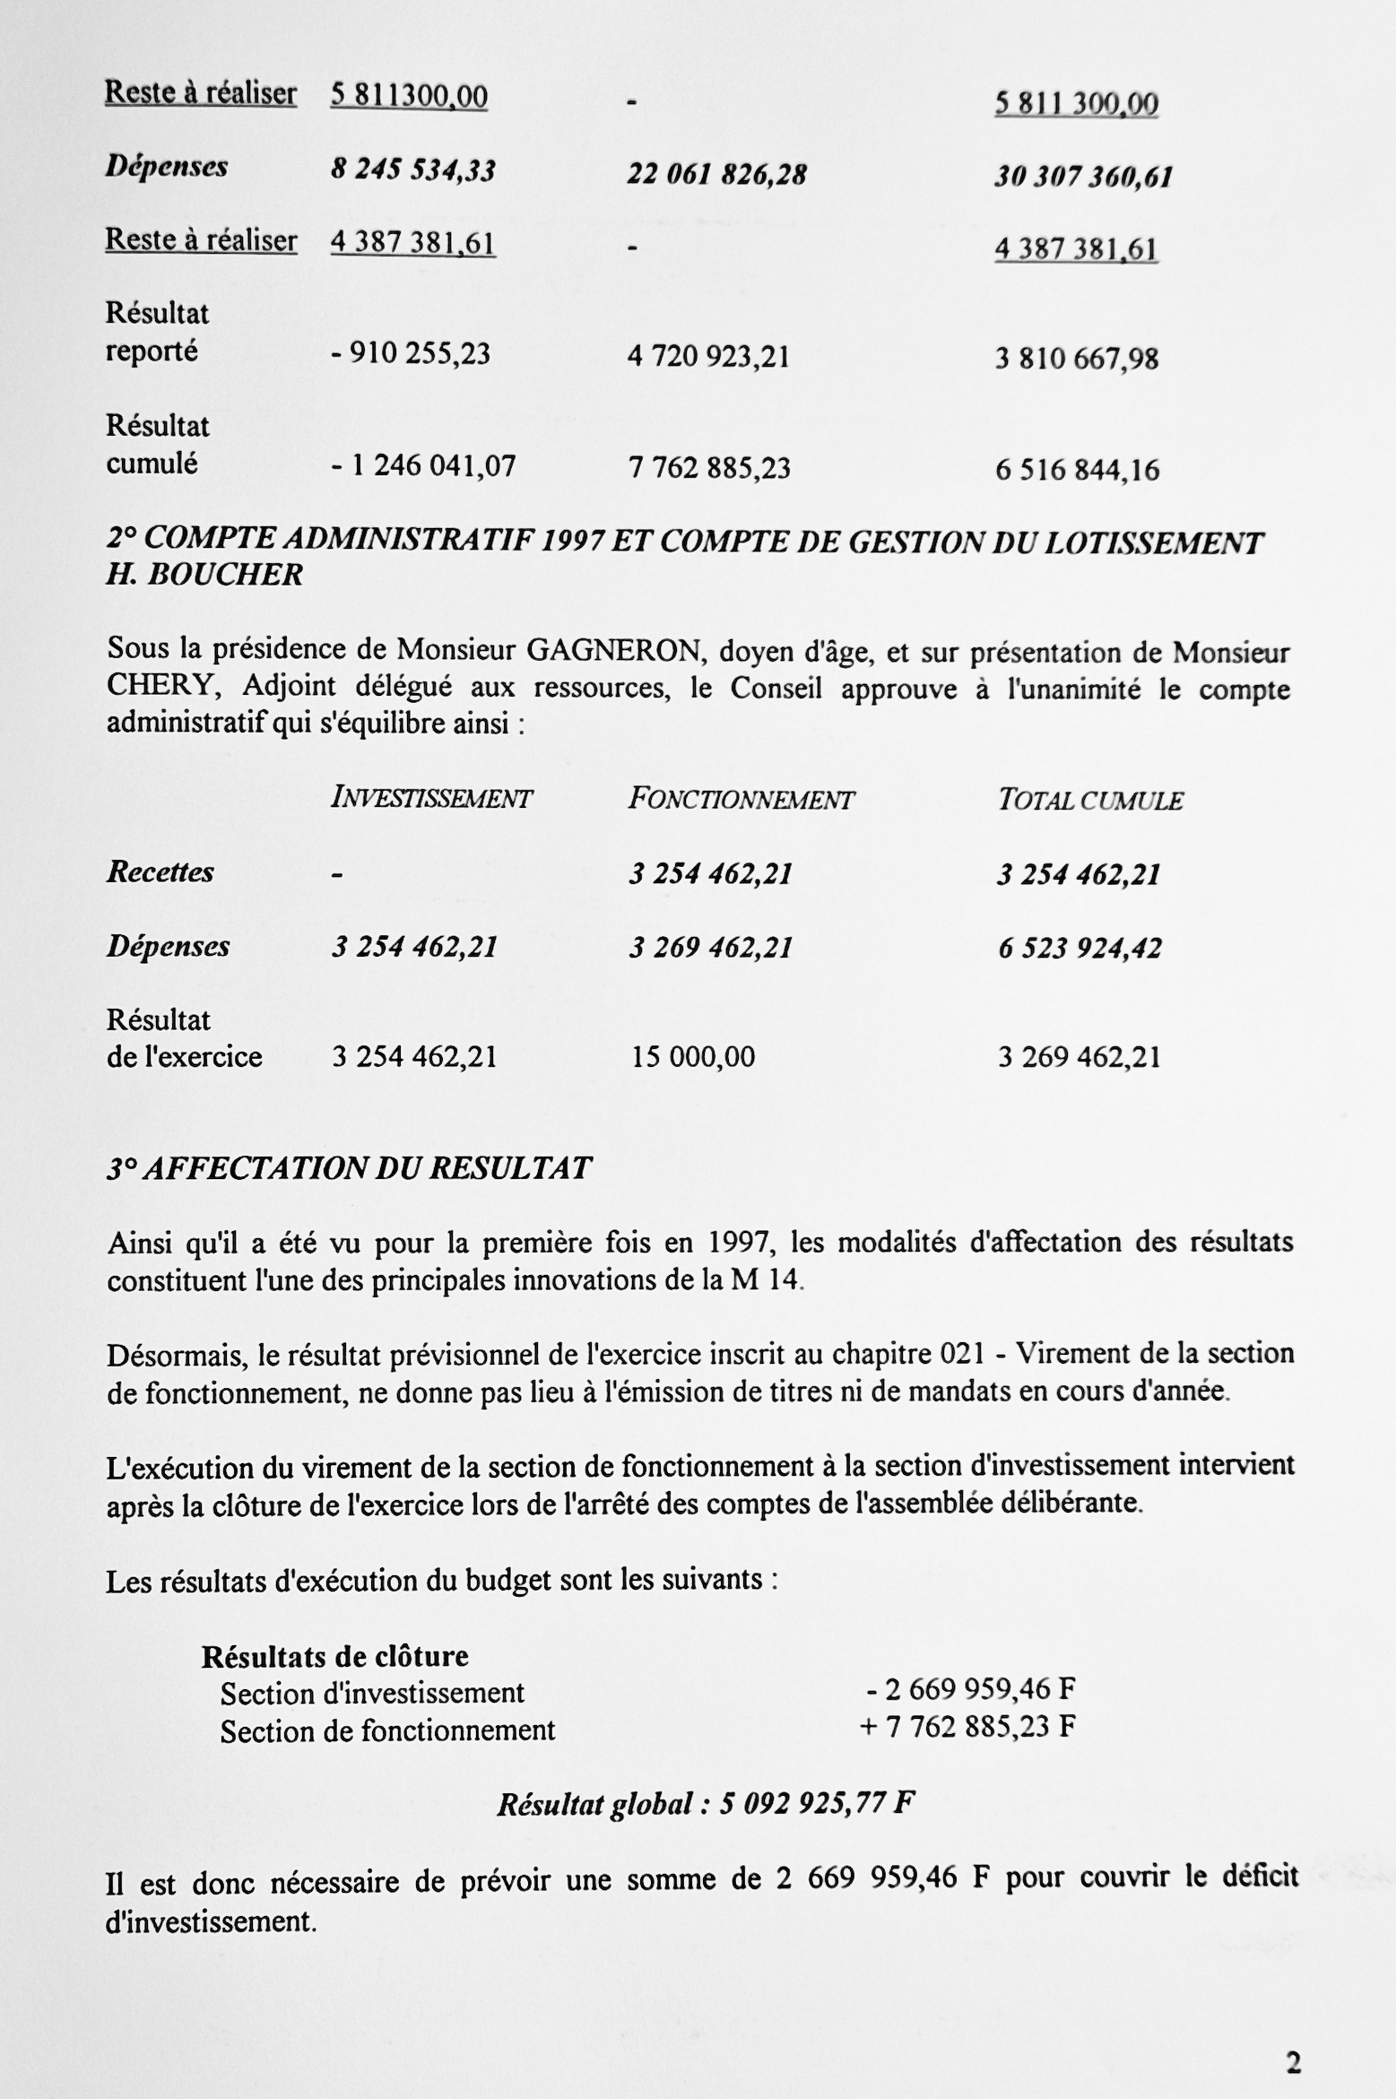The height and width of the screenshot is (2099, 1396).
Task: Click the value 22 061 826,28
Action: pos(716,174)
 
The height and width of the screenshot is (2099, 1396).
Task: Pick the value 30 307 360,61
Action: pos(1083,177)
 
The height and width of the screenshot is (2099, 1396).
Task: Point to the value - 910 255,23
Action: pos(411,354)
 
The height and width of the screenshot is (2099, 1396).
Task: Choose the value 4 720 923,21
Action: pos(708,357)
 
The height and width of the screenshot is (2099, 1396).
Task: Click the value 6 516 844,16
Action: pos(1077,470)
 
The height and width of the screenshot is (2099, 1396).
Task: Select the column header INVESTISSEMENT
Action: pos(431,798)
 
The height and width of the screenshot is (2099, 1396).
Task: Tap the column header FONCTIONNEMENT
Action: pos(741,799)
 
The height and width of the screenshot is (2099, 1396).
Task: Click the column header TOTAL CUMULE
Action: pos(1090,801)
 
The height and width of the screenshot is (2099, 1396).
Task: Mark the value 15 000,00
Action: pos(693,1057)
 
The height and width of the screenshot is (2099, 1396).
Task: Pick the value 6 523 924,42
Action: pos(1080,949)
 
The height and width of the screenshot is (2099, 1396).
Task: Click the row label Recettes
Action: pos(160,872)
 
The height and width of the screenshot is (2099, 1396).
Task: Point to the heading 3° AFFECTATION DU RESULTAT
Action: pos(349,1168)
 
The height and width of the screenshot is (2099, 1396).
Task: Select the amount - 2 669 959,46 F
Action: pos(970,1689)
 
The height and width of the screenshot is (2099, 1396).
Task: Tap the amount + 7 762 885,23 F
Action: pos(967,1727)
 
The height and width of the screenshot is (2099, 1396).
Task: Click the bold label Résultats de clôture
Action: pos(334,1656)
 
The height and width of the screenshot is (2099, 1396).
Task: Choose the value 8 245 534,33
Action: pos(413,170)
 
